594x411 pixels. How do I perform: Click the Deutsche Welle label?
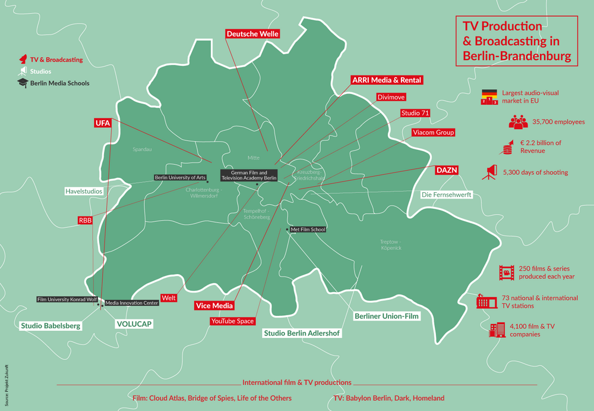coord(252,34)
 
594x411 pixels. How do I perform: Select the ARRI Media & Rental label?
coord(387,80)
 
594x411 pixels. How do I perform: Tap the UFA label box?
coord(102,123)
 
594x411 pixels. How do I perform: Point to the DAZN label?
coord(447,170)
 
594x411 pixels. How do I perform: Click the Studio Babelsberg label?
coord(50,326)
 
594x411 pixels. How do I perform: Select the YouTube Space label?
coord(232,321)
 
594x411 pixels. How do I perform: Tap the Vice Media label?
coord(214,306)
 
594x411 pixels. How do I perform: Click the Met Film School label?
coord(308,230)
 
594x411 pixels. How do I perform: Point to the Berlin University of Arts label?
coord(180,177)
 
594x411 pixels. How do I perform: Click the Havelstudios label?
coord(84,192)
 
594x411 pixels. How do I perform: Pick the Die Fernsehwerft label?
coord(446,194)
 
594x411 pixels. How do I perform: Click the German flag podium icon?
coord(489,97)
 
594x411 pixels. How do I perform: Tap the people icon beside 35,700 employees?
coord(518,122)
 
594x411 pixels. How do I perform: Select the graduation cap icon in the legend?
coord(23,83)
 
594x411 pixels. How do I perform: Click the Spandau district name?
coord(142,149)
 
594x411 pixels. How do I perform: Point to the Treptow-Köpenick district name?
coord(391,244)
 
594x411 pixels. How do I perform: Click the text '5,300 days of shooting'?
coord(535,172)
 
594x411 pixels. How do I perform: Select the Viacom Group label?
coord(433,133)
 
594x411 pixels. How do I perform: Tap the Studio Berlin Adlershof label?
coord(302,333)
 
